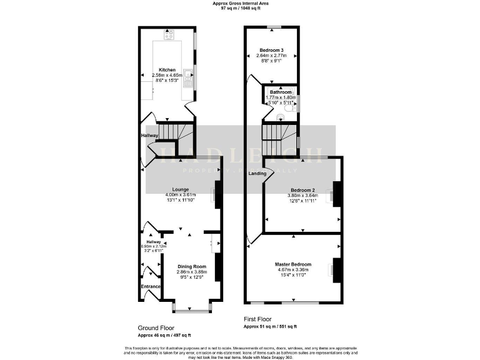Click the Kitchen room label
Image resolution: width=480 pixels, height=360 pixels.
[x=167, y=69]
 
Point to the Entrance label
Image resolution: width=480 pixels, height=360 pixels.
[x=151, y=286]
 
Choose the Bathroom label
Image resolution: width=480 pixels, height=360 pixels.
[x=281, y=92]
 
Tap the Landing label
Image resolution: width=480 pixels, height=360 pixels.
[x=256, y=173]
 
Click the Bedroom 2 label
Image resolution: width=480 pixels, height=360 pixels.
[x=302, y=189]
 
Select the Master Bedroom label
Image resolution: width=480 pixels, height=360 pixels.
[x=293, y=264]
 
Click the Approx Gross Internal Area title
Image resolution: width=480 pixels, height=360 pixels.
[x=240, y=4]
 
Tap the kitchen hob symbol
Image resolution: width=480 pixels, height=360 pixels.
[x=169, y=36]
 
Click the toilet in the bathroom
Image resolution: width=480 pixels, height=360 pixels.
[x=289, y=116]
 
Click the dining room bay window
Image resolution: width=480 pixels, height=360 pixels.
[x=192, y=309]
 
